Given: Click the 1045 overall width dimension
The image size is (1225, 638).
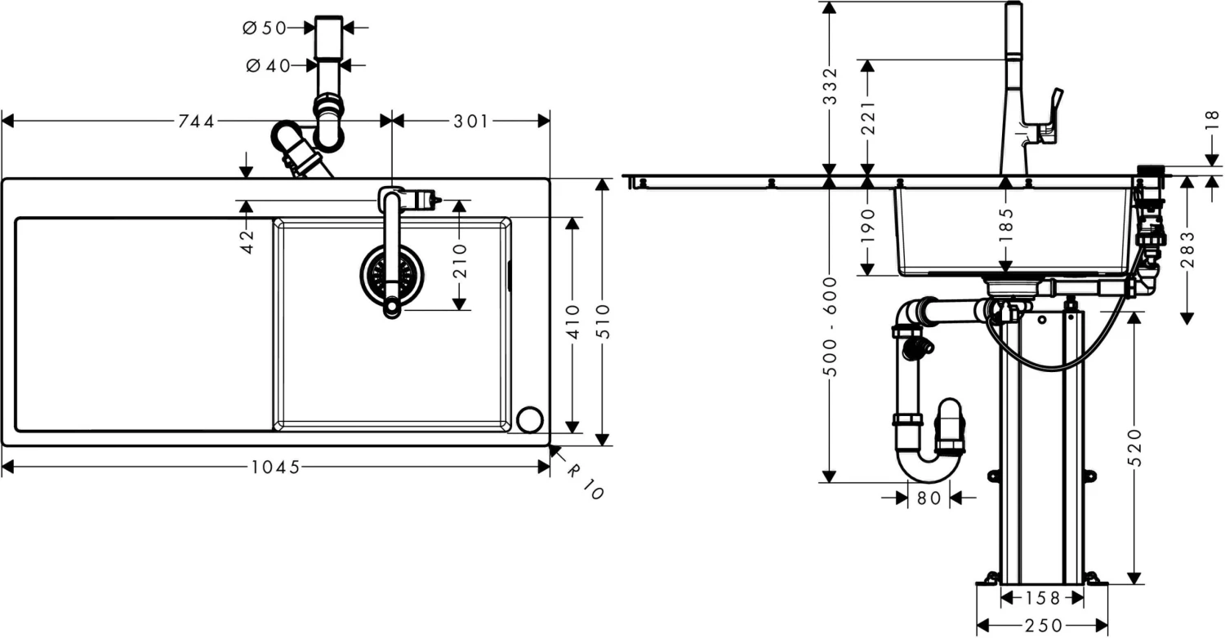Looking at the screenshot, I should point(277,467).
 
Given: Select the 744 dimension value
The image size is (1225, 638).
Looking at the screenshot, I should point(196,122).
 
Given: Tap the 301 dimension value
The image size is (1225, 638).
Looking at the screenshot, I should point(470,122).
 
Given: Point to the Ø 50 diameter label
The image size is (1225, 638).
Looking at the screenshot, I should point(264,28).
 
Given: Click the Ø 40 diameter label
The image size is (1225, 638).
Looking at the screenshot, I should point(267,65).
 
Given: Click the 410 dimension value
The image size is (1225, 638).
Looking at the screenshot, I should point(572,321).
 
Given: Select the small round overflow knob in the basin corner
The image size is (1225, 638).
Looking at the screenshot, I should point(529,419).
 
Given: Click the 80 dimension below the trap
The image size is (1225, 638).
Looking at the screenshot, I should point(929,498).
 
